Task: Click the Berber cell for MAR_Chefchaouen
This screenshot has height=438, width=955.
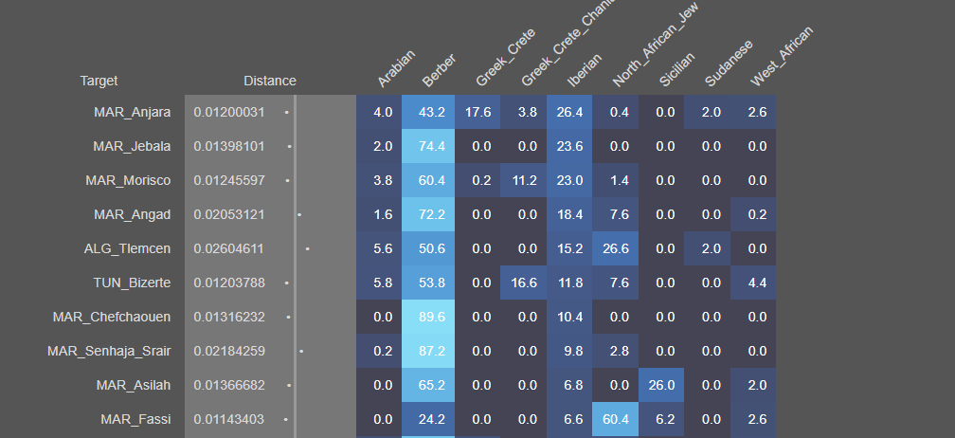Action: click(432, 317)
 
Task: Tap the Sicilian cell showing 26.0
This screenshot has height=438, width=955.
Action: click(665, 385)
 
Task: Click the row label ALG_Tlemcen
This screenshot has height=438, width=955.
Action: click(127, 248)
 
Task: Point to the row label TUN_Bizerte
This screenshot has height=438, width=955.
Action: click(131, 283)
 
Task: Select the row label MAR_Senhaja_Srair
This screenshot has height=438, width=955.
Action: click(109, 351)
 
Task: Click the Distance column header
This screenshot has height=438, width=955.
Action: click(269, 81)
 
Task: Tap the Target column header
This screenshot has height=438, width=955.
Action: click(99, 81)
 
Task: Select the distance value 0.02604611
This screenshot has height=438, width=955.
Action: click(228, 248)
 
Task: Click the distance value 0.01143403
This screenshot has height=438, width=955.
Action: click(228, 419)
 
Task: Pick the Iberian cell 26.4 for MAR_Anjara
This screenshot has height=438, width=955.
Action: click(572, 112)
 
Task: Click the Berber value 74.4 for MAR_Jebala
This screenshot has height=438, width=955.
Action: click(432, 146)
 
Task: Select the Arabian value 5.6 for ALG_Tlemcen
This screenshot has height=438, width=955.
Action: click(383, 248)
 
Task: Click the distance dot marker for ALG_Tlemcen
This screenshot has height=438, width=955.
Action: click(308, 248)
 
